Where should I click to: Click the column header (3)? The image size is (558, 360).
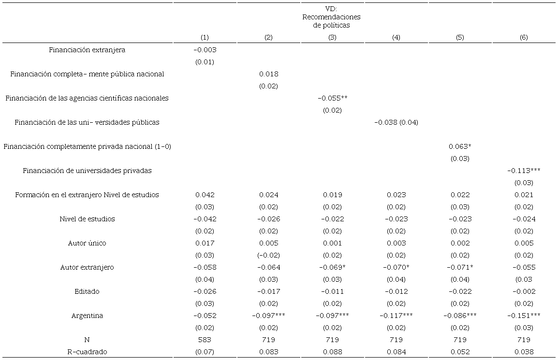[332, 38]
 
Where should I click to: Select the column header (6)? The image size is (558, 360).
[524, 38]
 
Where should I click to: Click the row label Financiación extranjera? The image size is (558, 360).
[87, 50]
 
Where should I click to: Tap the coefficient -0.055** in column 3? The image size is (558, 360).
[333, 98]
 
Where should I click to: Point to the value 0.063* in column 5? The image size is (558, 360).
[460, 146]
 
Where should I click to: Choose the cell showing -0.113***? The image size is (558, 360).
[524, 171]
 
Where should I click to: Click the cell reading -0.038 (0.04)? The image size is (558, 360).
[396, 122]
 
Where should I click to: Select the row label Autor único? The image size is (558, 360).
[87, 243]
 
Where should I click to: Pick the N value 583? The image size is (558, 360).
[205, 340]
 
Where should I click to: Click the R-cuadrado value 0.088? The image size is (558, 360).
[332, 352]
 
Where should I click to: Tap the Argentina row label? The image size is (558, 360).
[87, 316]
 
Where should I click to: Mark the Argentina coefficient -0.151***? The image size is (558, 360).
[524, 316]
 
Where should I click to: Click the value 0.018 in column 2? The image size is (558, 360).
[268, 74]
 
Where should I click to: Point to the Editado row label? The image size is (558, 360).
[87, 291]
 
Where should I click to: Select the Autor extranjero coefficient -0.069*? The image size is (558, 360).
[333, 267]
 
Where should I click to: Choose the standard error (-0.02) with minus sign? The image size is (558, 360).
[268, 255]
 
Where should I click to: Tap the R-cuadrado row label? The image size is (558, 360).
[87, 352]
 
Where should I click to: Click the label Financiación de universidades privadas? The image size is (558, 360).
[87, 171]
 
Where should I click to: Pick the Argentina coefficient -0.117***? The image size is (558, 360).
[396, 316]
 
